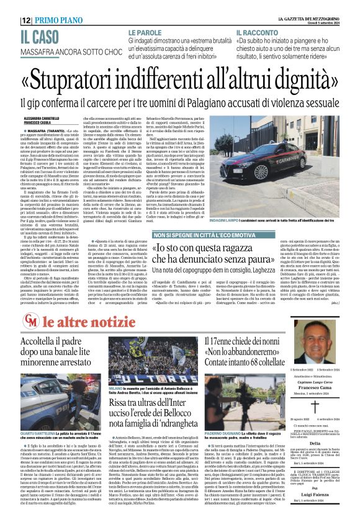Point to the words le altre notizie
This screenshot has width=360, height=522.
point(77,322)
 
